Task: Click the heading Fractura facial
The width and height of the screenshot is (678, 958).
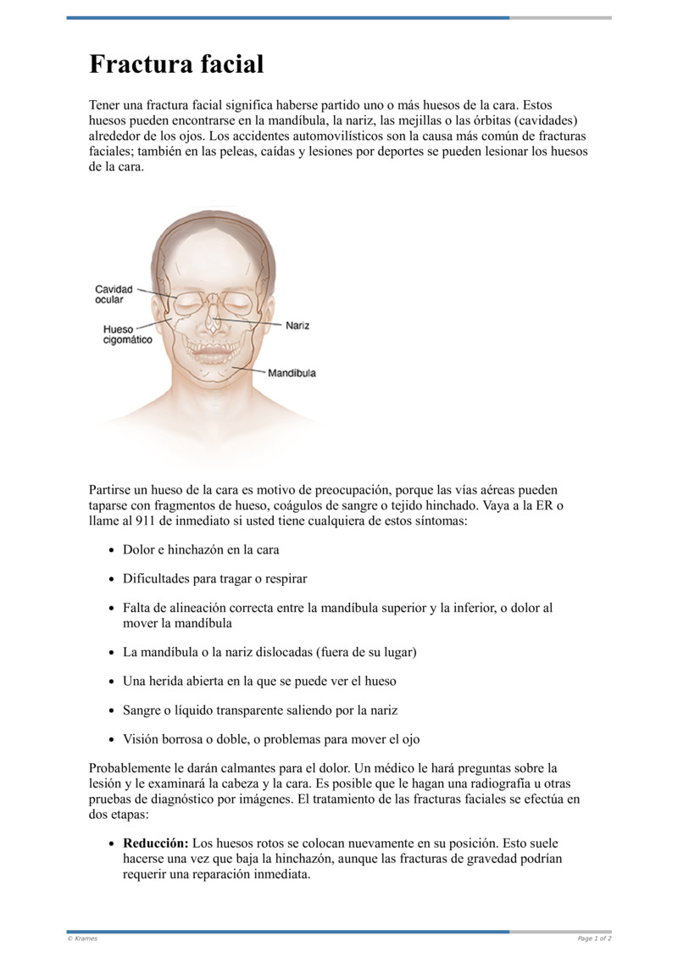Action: [176, 64]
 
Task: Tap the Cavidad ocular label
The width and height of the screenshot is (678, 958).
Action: [114, 294]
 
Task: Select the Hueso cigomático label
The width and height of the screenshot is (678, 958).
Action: [127, 334]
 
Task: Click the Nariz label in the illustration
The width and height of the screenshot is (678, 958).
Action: [297, 326]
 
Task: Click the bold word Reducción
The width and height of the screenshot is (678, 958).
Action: [156, 844]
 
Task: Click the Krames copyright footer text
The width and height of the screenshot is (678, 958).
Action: [82, 939]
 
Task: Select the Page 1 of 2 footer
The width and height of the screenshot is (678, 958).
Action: [594, 939]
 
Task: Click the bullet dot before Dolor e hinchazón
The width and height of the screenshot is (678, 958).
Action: [113, 550]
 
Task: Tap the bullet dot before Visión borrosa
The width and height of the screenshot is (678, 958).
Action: [113, 739]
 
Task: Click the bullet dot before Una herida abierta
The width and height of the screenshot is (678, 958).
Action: [113, 681]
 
